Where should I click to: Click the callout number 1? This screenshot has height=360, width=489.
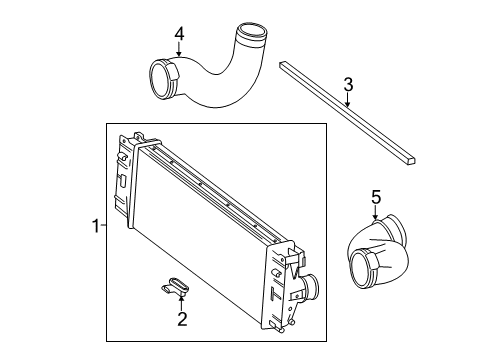click(x=96, y=226)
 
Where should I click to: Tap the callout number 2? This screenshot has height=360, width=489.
click(x=182, y=319)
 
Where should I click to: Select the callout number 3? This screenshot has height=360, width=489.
click(x=348, y=85)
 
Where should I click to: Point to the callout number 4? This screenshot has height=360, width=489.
click(x=179, y=34)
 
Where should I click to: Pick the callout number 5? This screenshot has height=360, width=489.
click(x=376, y=197)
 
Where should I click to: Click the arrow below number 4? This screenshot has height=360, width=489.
click(x=179, y=49)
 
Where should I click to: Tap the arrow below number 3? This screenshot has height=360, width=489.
click(x=348, y=100)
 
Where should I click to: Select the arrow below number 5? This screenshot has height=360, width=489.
click(x=376, y=213)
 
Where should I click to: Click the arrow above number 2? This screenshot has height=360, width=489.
click(x=181, y=303)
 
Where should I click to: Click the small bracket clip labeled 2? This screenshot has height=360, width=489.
click(x=176, y=286)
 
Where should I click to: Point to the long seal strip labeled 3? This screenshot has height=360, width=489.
click(x=348, y=112)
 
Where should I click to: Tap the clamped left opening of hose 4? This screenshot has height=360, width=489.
click(x=162, y=80)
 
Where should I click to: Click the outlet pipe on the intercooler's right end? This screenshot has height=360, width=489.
click(x=310, y=287)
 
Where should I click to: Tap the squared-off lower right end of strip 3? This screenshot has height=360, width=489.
click(x=411, y=161)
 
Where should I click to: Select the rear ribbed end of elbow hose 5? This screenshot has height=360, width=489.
click(x=396, y=230)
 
